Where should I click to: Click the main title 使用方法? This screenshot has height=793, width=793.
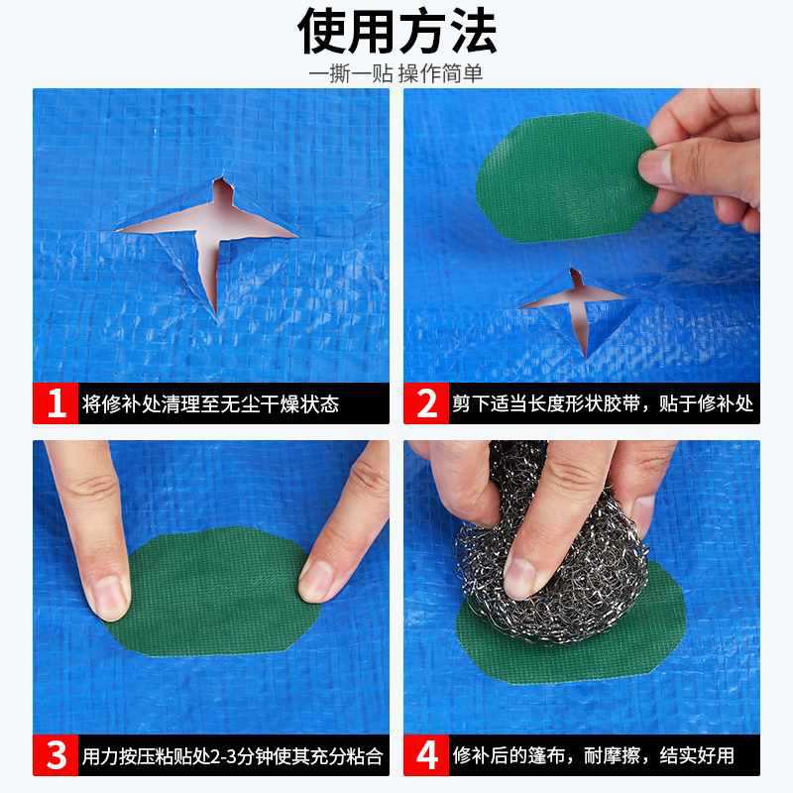coord(397,32)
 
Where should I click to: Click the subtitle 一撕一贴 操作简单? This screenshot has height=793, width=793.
coord(396,73)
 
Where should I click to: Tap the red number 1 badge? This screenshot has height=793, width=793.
coord(56,403)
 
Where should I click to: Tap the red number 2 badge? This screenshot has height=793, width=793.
coord(426,403)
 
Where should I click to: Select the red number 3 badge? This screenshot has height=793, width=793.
coord(56,755)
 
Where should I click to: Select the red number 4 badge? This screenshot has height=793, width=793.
coord(426,755)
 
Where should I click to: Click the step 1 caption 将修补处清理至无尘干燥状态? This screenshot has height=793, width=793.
coord(210,404)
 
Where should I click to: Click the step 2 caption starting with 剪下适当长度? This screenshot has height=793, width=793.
coord(603,403)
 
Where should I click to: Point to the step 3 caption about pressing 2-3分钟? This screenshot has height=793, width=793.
coord(233,756)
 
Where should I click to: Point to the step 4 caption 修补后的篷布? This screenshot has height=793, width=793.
coord(593,755)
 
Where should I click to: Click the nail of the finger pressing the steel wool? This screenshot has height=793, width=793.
coord(521,578)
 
